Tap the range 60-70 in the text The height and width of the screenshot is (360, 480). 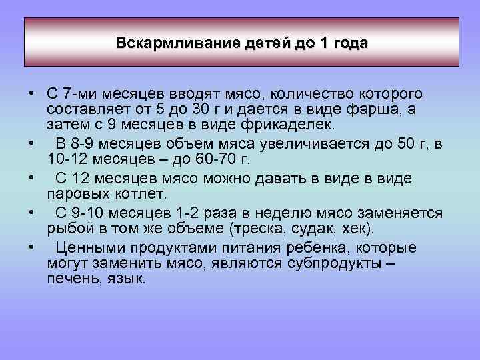(193, 159)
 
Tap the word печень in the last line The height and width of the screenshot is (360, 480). (69, 279)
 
